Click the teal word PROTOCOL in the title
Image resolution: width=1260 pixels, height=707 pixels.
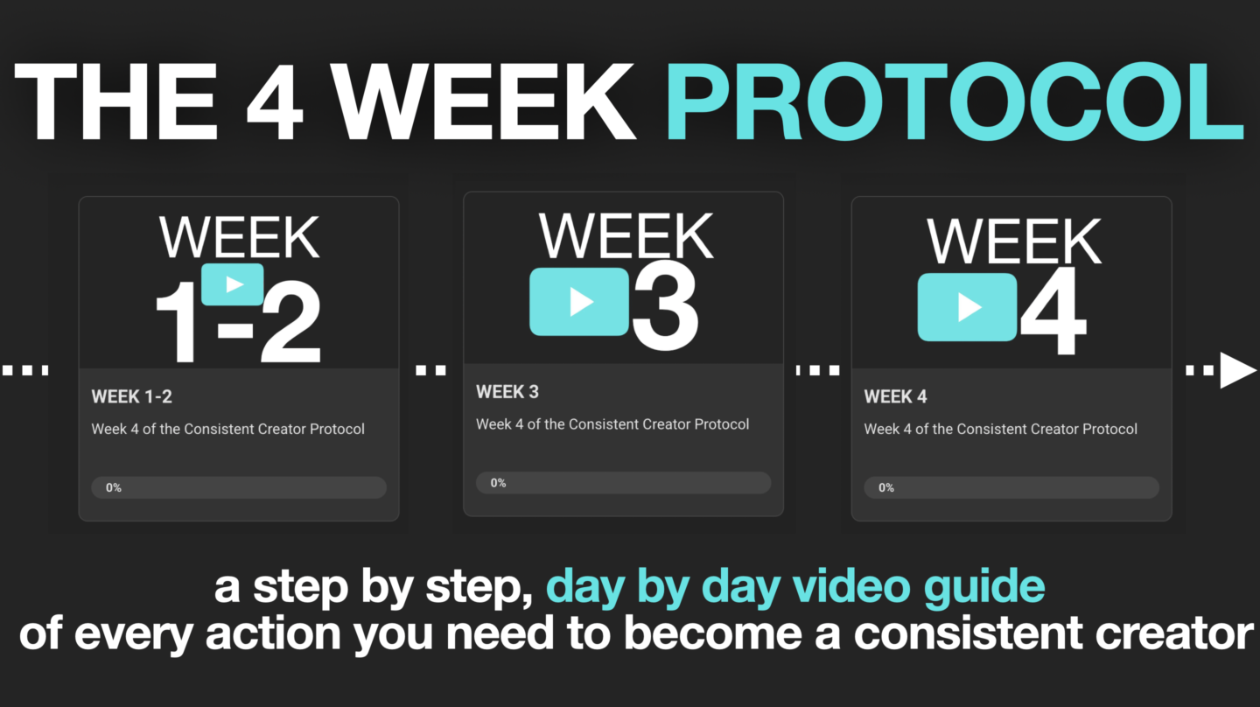point(955,101)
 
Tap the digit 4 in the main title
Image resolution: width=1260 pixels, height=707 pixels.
point(275,101)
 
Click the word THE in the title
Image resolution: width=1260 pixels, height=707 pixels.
point(115,101)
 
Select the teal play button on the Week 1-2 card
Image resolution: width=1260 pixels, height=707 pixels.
point(233,284)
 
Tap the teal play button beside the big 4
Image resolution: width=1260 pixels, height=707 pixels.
point(967,307)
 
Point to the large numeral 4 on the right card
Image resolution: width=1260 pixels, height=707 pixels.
point(1053,311)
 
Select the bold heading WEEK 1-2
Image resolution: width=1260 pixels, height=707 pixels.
point(131,396)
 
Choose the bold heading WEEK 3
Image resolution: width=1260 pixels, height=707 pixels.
point(507,391)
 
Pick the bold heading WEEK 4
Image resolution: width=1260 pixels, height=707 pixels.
point(895,396)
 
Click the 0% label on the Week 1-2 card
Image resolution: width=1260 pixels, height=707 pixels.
point(114,487)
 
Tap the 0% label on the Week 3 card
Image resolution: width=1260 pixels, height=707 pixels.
point(499,483)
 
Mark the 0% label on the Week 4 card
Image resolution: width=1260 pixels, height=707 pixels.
point(886,487)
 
